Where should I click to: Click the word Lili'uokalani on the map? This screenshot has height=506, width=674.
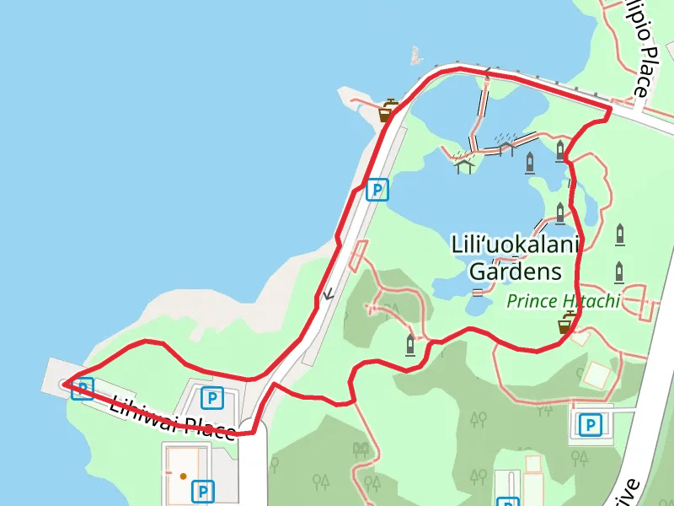point(516,246)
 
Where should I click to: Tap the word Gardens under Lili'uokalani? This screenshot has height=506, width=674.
point(515,272)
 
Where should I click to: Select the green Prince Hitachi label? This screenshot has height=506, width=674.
point(563,300)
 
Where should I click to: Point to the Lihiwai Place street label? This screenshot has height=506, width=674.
point(172,417)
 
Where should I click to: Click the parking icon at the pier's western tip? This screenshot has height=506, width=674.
point(82,389)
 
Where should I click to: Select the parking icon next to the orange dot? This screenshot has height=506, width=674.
point(203,490)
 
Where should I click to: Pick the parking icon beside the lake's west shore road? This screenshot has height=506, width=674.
point(378,191)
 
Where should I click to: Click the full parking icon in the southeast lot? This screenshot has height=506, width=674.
point(591,424)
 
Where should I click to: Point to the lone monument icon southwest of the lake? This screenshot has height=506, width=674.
point(410,344)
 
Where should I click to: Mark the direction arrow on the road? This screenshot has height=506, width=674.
point(328,294)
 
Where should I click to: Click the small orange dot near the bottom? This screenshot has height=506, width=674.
point(183,476)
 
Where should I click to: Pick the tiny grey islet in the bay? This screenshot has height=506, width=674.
point(415,57)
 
